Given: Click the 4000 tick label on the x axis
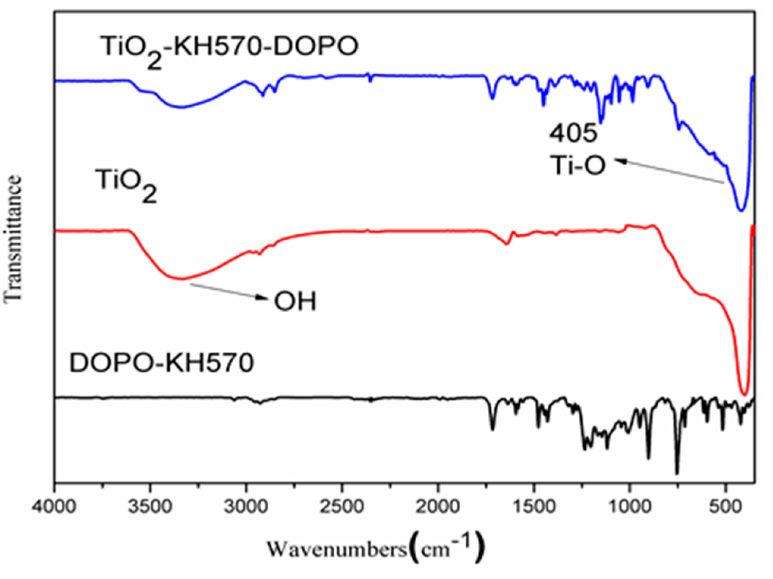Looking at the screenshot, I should coord(54,507).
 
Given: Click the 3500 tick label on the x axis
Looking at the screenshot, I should coord(150,507).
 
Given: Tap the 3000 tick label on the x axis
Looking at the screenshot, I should coord(246,507).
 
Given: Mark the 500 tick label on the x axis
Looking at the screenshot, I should coord(726,507).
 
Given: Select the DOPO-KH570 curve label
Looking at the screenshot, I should coord(162,363).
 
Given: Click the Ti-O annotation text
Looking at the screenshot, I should coord(578,166).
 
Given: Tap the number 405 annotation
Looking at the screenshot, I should coord(573,133).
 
